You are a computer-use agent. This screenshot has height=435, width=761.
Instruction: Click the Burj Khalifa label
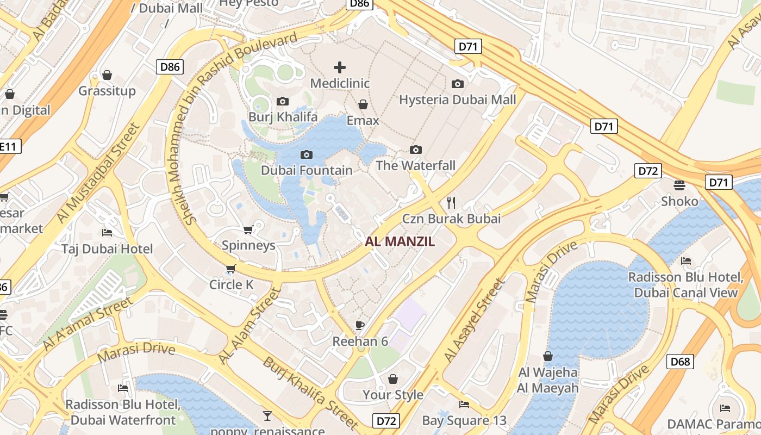click(x=283, y=117)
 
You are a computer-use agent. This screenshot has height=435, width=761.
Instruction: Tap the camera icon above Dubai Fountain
click(x=307, y=155)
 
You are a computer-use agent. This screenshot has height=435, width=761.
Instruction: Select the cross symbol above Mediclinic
click(x=340, y=67)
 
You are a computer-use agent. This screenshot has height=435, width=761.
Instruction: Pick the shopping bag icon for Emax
click(x=363, y=104)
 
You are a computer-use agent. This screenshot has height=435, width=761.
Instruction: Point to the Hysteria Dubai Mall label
click(x=458, y=100)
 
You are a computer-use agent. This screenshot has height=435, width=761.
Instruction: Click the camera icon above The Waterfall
click(x=416, y=150)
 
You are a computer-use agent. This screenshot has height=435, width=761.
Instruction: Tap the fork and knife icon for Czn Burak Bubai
click(x=451, y=203)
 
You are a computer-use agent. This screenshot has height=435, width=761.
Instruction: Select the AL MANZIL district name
click(x=400, y=242)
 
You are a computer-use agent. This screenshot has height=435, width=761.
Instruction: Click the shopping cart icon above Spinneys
click(x=248, y=229)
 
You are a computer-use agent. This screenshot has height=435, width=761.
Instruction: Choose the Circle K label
click(x=232, y=284)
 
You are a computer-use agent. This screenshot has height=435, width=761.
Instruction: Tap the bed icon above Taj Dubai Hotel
click(x=107, y=233)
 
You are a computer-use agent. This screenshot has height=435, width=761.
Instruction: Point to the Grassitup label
click(x=107, y=91)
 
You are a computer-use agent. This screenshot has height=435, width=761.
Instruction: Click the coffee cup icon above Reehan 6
click(x=359, y=325)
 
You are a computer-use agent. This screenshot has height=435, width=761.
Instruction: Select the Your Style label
click(x=393, y=395)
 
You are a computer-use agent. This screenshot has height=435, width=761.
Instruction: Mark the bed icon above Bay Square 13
click(x=464, y=405)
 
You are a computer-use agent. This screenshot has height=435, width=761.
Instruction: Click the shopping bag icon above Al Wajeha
click(x=548, y=357)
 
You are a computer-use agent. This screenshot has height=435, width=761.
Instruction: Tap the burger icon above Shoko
click(x=679, y=185)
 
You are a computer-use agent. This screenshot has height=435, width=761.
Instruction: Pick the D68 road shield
click(x=680, y=361)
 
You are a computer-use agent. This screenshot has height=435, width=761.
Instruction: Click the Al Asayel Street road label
click(x=474, y=321)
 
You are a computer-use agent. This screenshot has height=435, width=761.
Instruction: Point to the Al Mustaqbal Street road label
click(x=98, y=173)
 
